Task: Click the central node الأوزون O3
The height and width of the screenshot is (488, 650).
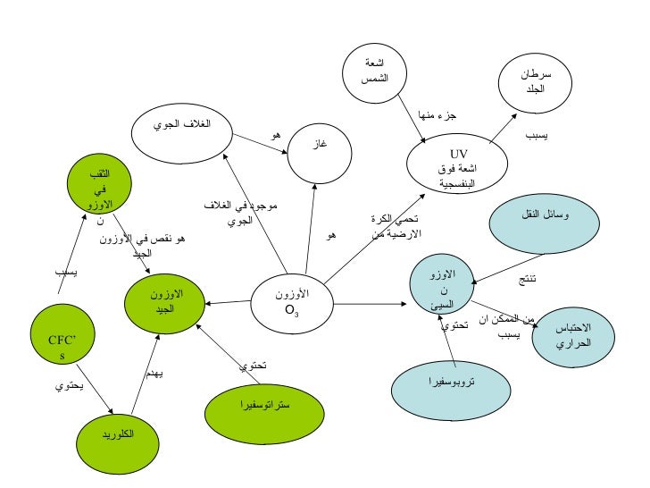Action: (292, 302)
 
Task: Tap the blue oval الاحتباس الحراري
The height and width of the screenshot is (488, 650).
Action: (574, 335)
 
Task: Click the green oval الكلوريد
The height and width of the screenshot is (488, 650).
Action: (118, 434)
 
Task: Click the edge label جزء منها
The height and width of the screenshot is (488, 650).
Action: (437, 116)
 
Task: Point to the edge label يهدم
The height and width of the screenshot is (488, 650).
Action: (154, 373)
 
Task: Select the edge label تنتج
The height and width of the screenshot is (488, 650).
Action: (528, 280)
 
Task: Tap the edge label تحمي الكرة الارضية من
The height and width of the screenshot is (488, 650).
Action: (394, 226)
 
